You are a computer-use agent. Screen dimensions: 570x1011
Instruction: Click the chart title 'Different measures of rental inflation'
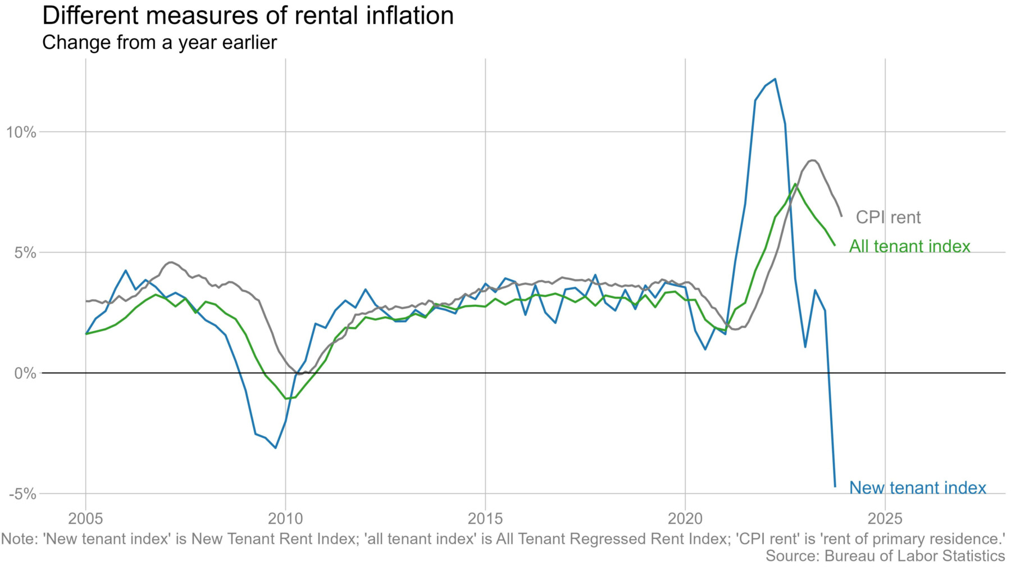(248, 16)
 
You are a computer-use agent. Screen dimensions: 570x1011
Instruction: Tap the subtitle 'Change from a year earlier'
(160, 43)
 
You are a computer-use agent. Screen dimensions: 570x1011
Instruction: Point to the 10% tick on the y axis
(21, 133)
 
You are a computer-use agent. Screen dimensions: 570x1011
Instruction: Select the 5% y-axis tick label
(25, 253)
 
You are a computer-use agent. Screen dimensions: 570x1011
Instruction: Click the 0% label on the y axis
(25, 373)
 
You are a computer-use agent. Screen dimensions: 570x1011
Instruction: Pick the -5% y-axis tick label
(22, 494)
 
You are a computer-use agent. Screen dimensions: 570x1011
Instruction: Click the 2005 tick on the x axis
(85, 517)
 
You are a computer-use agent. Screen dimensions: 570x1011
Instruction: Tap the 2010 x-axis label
(285, 517)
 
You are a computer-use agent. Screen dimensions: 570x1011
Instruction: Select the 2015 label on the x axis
(485, 517)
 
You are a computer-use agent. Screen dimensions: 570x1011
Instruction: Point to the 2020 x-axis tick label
(685, 517)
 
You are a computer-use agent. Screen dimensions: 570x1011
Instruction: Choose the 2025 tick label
(885, 517)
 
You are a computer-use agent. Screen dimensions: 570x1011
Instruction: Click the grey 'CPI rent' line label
(888, 218)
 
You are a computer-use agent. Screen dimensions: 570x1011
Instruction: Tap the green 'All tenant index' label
(909, 246)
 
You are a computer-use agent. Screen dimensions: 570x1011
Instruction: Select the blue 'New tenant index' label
(917, 488)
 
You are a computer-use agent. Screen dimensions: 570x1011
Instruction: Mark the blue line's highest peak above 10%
(775, 79)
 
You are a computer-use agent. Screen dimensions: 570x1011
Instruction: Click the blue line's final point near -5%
(835, 486)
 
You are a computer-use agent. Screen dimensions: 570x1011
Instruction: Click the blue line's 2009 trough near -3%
(275, 448)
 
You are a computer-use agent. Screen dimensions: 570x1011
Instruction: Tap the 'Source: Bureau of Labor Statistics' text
(885, 556)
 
